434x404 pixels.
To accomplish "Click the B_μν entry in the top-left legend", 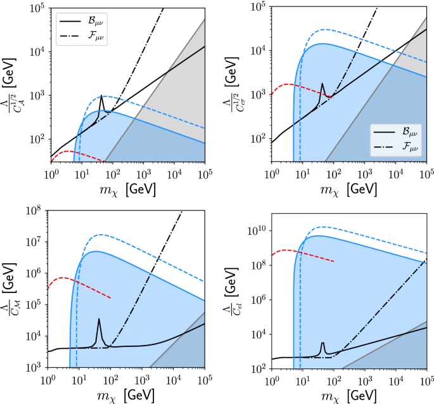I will (x=88, y=20).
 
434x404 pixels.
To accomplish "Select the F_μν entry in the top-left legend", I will (x=88, y=37).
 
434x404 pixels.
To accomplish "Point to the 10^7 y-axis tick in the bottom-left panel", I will (x=34, y=242).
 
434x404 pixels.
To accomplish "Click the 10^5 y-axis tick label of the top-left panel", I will (x=37, y=8).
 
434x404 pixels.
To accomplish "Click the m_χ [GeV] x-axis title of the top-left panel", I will (x=127, y=189).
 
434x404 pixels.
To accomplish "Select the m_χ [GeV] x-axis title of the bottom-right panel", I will (x=348, y=396).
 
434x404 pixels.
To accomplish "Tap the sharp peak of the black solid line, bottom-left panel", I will (x=99, y=319).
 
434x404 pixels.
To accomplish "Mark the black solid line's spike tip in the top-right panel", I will (x=322, y=84).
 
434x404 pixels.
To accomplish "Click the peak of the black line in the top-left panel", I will (x=101, y=96).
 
